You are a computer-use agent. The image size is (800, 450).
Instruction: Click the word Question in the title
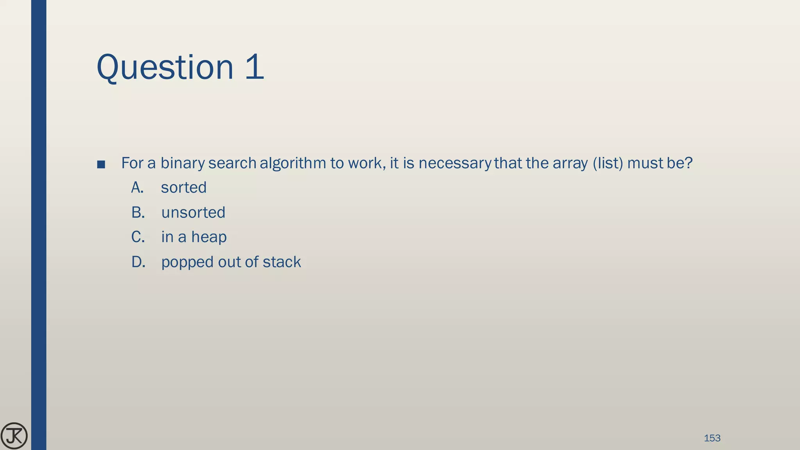pos(164,68)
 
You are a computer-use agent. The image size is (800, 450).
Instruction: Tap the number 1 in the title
pos(255,67)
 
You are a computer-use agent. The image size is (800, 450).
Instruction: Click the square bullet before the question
pos(101,164)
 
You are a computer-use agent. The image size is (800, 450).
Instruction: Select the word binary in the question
pos(182,163)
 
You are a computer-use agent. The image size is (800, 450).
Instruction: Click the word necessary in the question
pos(454,163)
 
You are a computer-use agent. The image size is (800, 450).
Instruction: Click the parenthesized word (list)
pos(608,163)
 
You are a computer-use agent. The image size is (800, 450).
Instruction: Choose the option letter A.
pos(137,188)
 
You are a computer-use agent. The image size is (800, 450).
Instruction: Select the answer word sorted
pos(184,188)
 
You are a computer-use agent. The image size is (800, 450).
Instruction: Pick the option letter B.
pos(137,212)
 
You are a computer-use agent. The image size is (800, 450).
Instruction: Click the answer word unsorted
pos(193,213)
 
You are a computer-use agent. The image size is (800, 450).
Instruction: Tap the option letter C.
pos(137,237)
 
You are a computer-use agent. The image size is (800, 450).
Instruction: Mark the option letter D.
pos(138,262)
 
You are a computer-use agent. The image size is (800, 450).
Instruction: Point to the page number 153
pos(712,438)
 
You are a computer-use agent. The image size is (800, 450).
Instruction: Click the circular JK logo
pos(14,436)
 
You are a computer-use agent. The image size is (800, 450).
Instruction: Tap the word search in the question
pos(232,163)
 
